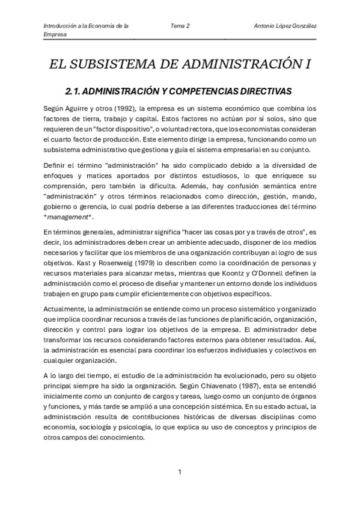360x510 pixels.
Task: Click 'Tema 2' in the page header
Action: [x=180, y=26]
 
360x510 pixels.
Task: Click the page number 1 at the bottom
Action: [x=180, y=472]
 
